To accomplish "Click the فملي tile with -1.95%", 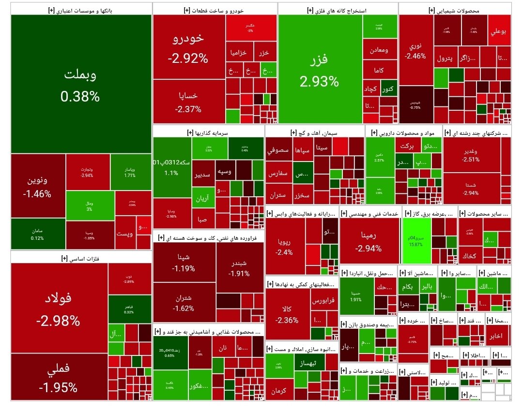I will pos(59,378).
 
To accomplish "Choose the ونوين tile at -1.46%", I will pos(38,187).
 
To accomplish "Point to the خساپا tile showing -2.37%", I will pos(188,102).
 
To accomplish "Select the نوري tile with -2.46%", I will pos(415,50).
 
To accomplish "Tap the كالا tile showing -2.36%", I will pos(287,314).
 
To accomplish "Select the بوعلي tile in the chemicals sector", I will pos(499,32).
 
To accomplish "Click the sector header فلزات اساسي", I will pos(58,258).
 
